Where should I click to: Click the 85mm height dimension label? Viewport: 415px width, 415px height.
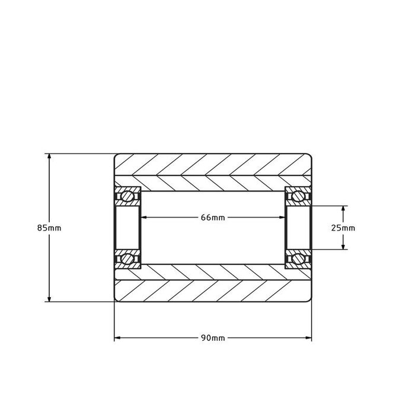point(49,228)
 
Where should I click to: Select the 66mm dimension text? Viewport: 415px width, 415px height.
point(213,218)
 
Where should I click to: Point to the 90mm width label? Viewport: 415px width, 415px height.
point(213,338)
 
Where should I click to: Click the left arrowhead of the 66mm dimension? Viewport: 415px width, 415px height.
point(143,218)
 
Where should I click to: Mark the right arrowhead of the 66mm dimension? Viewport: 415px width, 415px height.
point(282,218)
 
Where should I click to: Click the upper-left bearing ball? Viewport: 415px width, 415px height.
point(127,196)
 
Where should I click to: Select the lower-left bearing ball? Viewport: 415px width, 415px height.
point(127,258)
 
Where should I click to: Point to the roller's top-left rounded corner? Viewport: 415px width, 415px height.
point(116,157)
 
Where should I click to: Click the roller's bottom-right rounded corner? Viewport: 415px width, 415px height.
point(310,299)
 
